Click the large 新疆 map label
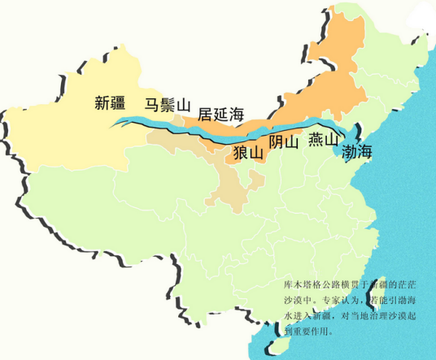point(111,103)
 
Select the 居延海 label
point(221,115)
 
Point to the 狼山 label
point(248,151)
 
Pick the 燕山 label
point(323,140)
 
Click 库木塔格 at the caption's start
point(300,285)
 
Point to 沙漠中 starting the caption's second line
point(296,301)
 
